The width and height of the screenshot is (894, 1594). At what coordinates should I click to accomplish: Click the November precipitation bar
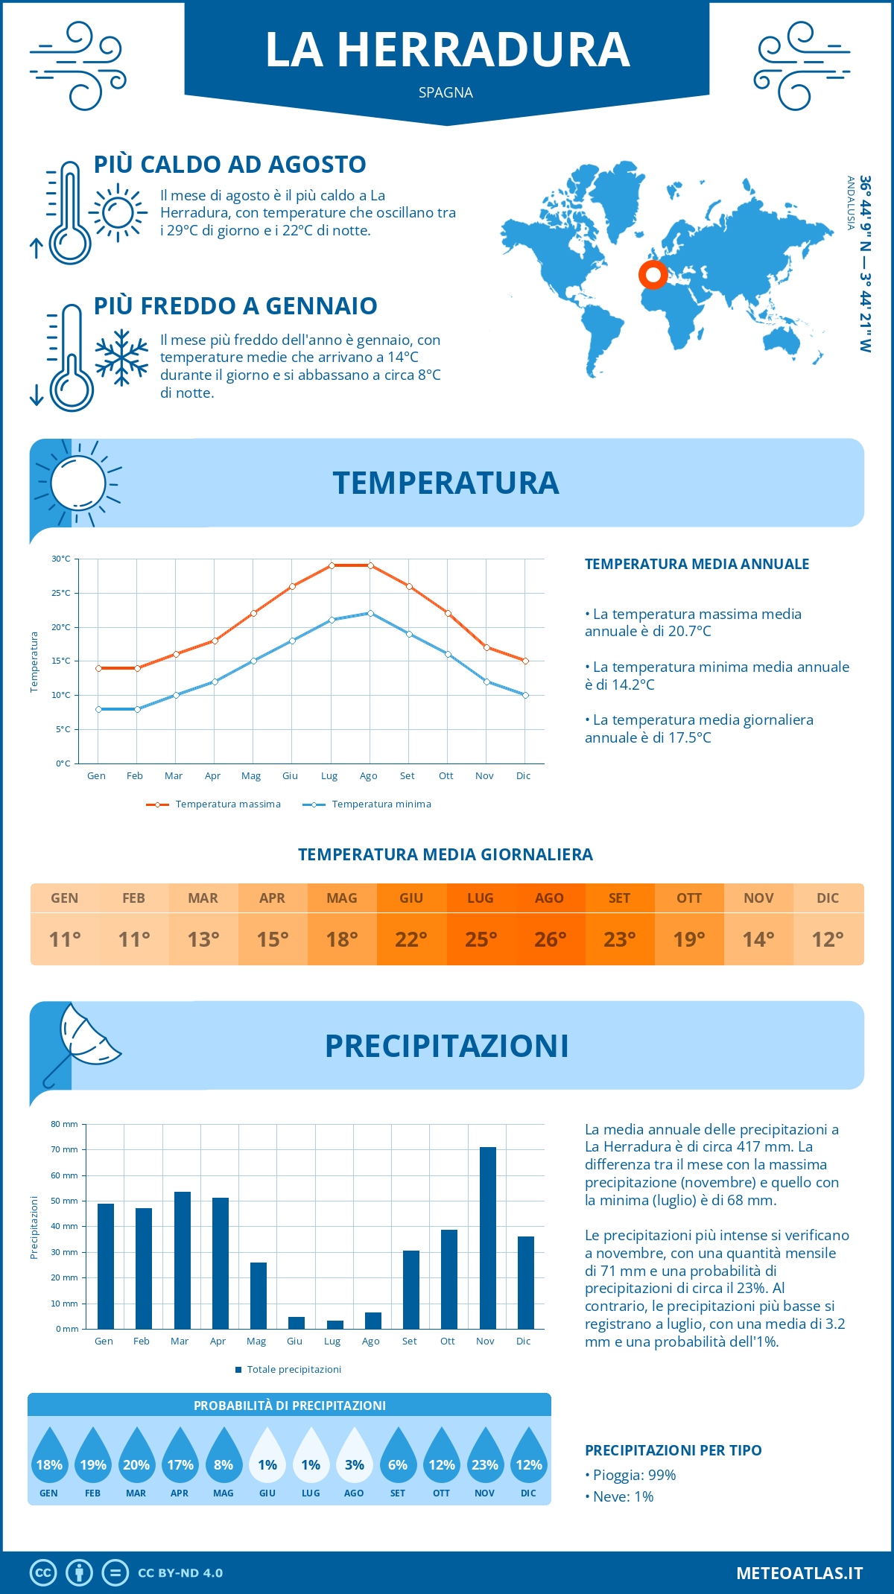488,1238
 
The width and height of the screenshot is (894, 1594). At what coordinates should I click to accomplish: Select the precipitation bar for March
183,1260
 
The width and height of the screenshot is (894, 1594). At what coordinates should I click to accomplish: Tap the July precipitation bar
335,1324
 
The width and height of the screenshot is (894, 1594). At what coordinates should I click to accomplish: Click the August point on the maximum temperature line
370,565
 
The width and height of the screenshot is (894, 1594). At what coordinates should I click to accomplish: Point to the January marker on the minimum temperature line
98,709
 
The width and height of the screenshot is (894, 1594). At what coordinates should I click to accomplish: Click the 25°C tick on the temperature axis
61,593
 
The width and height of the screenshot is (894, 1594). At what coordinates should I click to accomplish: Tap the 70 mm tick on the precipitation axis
65,1149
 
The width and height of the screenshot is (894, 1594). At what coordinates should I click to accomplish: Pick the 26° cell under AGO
550,939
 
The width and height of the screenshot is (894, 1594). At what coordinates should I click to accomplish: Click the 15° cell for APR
273,939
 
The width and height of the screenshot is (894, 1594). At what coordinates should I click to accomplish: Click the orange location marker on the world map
653,275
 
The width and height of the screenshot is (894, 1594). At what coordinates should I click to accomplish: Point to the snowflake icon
121,358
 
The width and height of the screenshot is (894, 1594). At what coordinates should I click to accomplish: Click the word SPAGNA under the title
446,92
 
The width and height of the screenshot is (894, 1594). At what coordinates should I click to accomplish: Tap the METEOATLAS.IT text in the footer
799,1573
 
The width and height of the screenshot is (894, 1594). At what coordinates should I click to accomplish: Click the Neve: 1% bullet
623,1496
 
